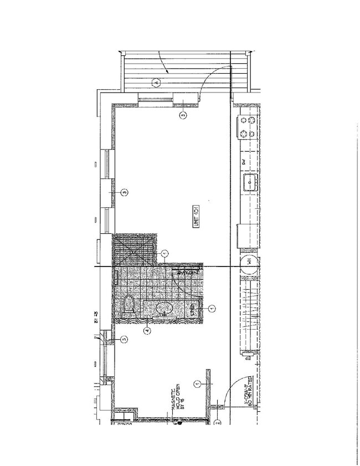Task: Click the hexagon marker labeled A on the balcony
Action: tap(156, 82)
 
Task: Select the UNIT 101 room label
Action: tap(197, 215)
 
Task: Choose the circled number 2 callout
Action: tap(218, 422)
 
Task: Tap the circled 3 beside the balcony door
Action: tap(183, 115)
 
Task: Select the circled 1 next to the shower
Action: tap(164, 253)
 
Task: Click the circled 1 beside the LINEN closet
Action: tap(211, 308)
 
